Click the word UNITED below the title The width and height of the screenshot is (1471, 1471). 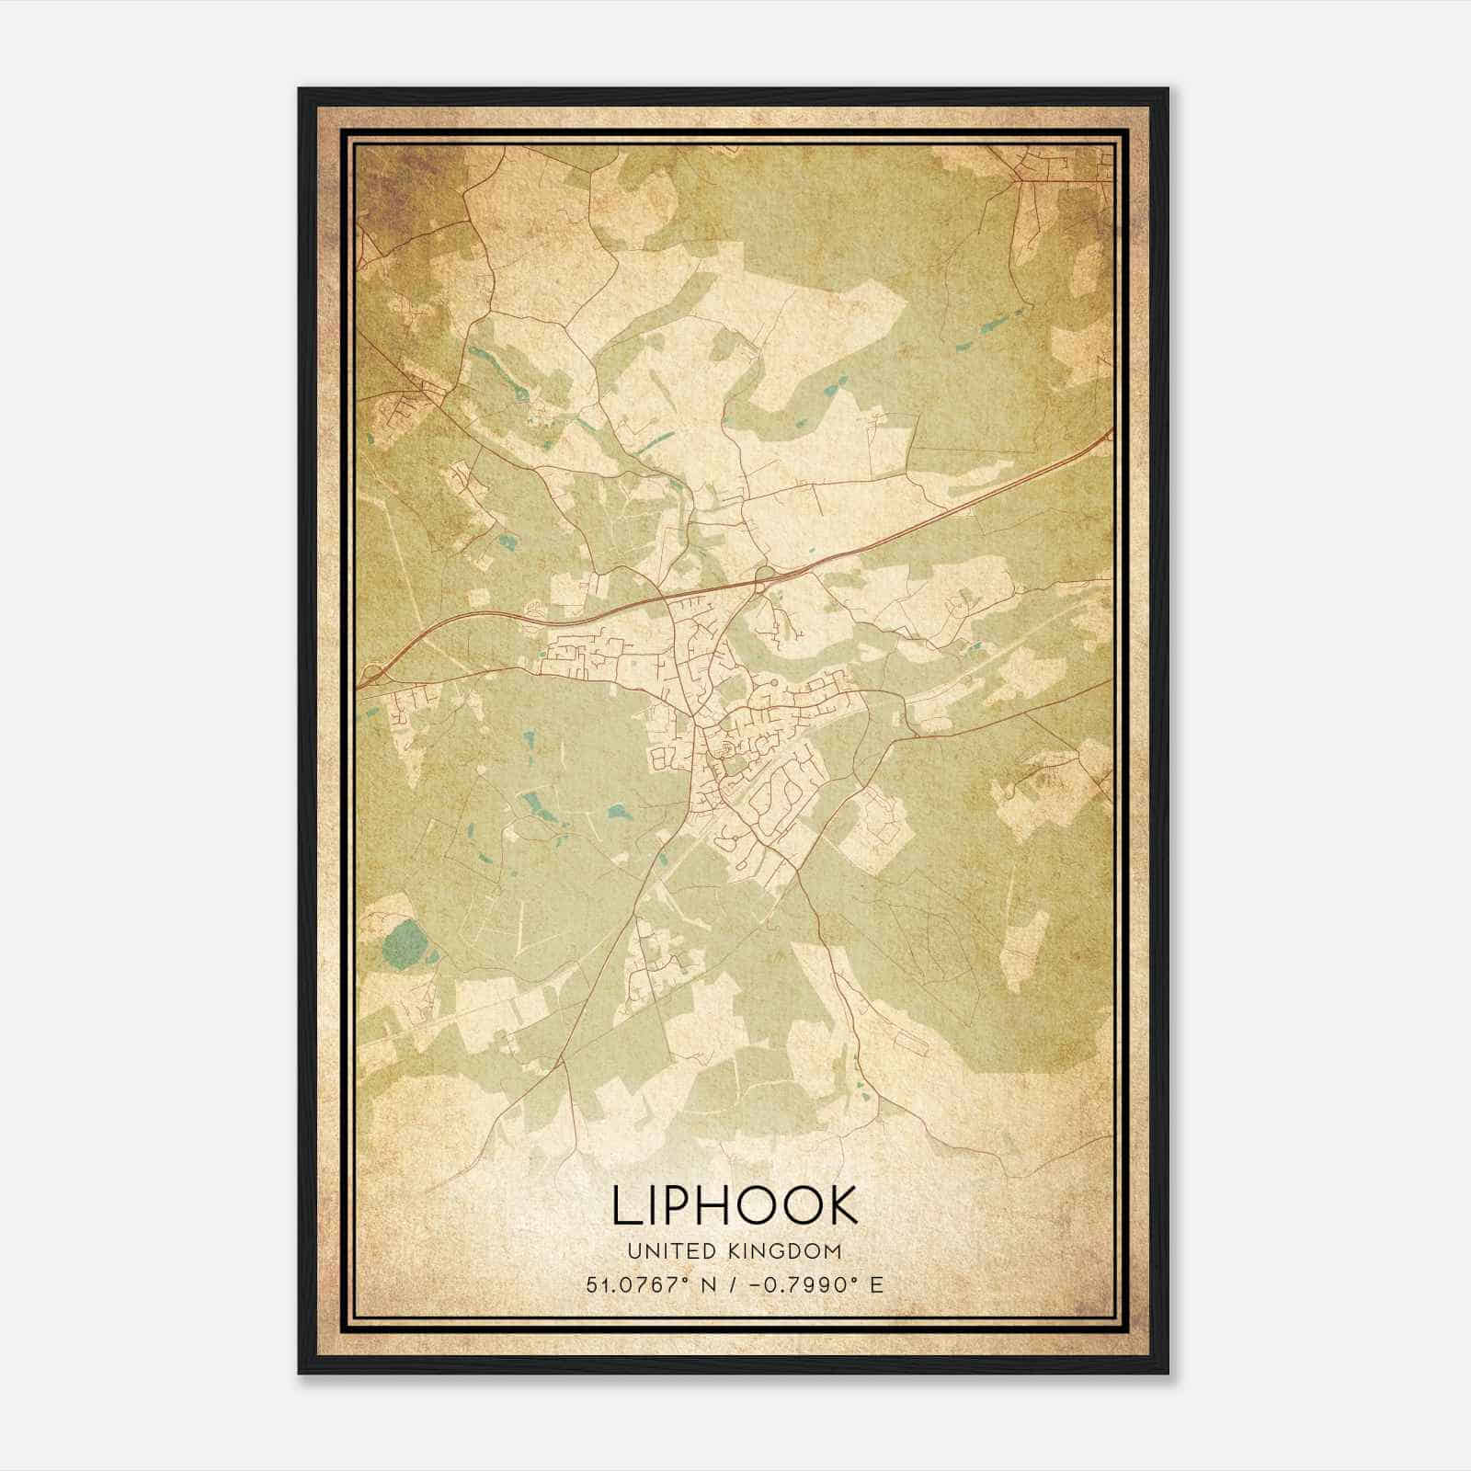pyautogui.click(x=662, y=1251)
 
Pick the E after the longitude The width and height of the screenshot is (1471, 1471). pyautogui.click(x=875, y=1285)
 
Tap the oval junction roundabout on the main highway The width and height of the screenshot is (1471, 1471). pyautogui.click(x=762, y=576)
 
